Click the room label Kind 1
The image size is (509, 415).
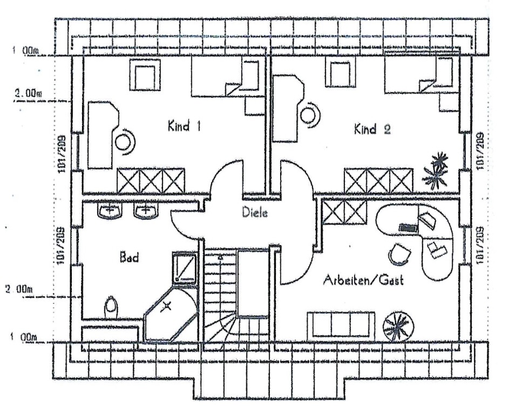(x=184, y=127)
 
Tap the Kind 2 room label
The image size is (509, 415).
(x=372, y=130)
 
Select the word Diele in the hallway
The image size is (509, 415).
(x=255, y=213)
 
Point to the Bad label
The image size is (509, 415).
(x=129, y=257)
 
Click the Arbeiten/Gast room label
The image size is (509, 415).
(x=363, y=281)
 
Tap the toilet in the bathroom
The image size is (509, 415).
(x=111, y=307)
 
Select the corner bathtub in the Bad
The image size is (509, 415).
(x=168, y=316)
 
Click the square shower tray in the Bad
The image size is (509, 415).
(x=185, y=267)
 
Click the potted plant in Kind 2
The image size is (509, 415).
(x=436, y=169)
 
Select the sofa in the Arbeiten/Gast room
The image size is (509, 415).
(x=341, y=324)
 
